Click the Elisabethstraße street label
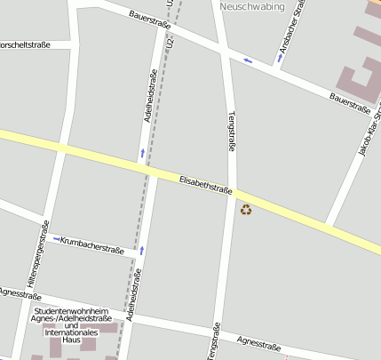coord(206,184)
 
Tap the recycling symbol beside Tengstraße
coord(246,210)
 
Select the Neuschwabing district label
coord(251,6)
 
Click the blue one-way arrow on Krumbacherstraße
coord(57,239)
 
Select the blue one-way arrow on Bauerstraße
coord(248,60)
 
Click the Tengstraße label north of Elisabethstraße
coord(232,130)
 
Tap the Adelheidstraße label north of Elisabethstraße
coord(149,117)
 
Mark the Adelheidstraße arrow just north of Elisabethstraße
coord(142,155)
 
